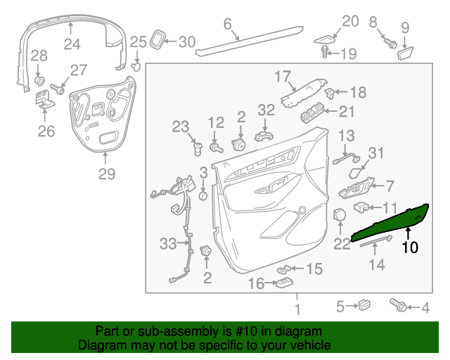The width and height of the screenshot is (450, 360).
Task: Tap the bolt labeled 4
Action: point(398,305)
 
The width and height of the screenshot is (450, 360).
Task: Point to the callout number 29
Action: point(106,174)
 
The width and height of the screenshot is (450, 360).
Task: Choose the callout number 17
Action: point(282,76)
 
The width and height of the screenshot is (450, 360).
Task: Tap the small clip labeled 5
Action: point(364,305)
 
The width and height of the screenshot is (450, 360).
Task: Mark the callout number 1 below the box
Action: point(297,309)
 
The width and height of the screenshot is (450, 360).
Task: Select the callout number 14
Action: point(378,264)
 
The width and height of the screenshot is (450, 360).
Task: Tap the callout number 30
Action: point(186,42)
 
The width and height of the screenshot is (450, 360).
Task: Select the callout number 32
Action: point(266,110)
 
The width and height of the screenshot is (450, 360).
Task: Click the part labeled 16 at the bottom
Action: point(285,283)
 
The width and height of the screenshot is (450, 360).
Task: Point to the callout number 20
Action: point(350,22)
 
